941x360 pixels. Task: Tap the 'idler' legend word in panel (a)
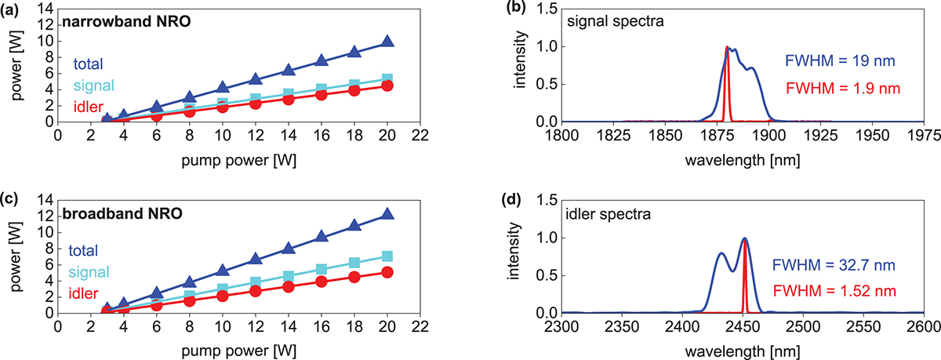[91, 105]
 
